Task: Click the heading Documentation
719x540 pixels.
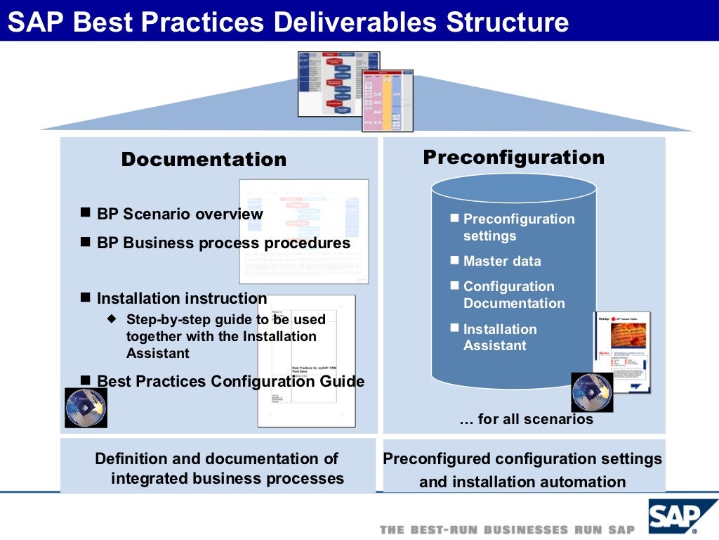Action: [204, 160]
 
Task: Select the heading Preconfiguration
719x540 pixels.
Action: [513, 157]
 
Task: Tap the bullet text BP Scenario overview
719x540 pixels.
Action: [180, 214]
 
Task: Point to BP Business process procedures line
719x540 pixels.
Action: [223, 243]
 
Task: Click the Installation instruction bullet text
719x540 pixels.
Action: [182, 298]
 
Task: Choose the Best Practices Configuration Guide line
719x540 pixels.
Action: [230, 381]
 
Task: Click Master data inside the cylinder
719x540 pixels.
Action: [502, 261]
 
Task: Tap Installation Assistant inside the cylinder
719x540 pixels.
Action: [499, 337]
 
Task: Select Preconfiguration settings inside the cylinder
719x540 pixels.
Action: [518, 227]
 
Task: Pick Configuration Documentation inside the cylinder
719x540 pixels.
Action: [513, 295]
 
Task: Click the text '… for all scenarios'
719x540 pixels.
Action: [526, 419]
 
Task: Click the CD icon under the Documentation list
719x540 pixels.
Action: [86, 408]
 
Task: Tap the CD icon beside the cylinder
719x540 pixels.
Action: [591, 392]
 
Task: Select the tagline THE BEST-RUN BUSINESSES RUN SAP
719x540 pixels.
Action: [507, 529]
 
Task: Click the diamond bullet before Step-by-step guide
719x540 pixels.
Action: [111, 319]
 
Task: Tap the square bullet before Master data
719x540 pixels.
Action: [454, 260]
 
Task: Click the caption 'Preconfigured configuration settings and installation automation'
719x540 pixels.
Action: [522, 470]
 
